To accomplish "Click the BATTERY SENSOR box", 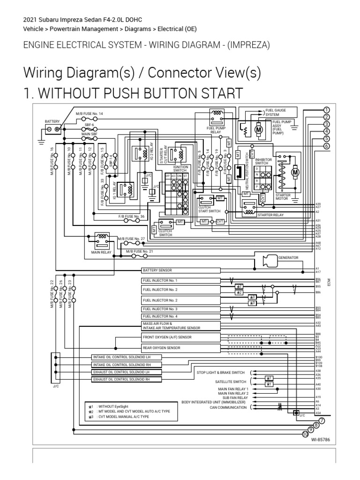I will click(181, 270).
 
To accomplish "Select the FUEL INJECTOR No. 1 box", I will click(181, 280).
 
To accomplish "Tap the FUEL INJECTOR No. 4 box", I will click(181, 316).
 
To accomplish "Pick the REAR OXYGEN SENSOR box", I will click(181, 348).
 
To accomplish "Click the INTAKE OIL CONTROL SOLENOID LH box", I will click(127, 357).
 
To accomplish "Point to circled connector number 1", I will click(326, 110).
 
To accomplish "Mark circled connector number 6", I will click(326, 146).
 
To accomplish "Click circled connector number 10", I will click(305, 435).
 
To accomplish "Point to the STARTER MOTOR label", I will click(283, 197).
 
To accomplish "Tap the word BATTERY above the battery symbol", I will click(52, 121).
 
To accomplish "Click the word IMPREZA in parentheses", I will click(249, 45).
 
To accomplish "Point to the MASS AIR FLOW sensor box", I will click(181, 326).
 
